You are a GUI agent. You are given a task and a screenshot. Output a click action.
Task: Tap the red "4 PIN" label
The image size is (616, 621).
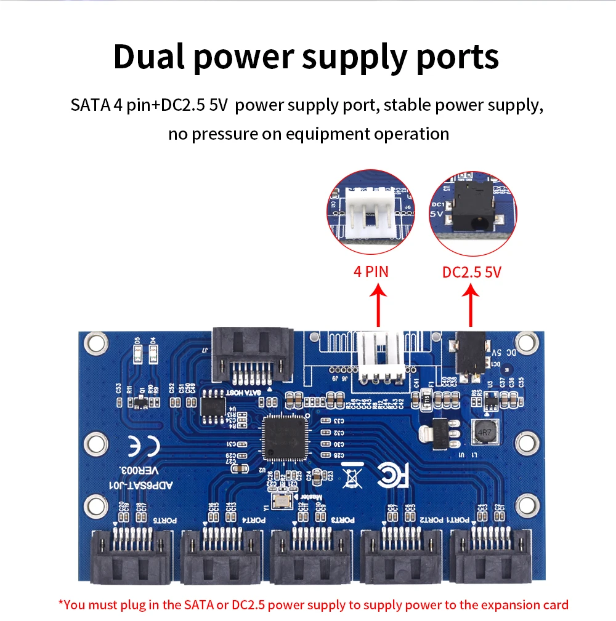(371, 271)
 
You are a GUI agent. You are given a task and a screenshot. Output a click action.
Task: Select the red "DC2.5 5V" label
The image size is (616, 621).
(472, 271)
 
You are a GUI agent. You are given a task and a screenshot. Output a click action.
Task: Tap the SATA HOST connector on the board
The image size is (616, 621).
(251, 356)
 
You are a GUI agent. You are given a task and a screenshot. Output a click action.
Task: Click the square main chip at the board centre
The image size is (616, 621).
(285, 438)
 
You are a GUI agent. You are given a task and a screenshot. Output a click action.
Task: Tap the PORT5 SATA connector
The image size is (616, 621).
(131, 558)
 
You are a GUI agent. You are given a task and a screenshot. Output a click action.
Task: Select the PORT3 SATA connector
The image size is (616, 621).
(310, 558)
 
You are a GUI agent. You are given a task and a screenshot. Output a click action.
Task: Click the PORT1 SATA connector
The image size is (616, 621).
(490, 558)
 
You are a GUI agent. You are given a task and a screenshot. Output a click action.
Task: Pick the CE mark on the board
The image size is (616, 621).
(143, 446)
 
